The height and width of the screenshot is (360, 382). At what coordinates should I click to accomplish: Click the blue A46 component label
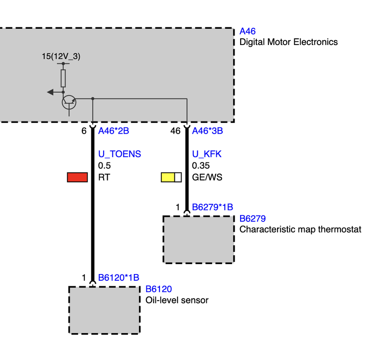[247, 31]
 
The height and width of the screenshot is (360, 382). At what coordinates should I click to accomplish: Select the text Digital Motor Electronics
[288, 42]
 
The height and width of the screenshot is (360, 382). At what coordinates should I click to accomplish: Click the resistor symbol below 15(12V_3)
[63, 78]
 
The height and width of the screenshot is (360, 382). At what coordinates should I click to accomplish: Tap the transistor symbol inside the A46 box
[69, 102]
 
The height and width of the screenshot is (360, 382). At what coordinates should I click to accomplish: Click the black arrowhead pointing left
[50, 92]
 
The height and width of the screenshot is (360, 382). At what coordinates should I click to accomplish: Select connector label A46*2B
[114, 131]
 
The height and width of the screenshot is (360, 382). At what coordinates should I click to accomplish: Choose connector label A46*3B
[207, 131]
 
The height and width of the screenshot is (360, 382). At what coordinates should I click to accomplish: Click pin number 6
[83, 131]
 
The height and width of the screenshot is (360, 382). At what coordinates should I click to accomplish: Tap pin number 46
[175, 131]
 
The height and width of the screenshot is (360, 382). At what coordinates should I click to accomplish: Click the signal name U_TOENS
[119, 154]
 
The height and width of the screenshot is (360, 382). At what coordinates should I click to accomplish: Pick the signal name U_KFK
[207, 154]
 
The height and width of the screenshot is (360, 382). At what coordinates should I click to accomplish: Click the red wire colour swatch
[77, 177]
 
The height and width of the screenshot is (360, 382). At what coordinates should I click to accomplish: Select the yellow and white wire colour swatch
[171, 177]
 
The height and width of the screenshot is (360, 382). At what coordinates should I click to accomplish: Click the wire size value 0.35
[201, 166]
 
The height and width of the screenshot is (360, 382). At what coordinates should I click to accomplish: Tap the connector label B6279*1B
[212, 207]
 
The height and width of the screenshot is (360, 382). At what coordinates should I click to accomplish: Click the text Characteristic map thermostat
[300, 229]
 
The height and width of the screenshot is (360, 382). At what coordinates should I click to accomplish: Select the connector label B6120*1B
[118, 278]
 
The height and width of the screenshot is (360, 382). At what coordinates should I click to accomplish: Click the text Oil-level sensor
[177, 300]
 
